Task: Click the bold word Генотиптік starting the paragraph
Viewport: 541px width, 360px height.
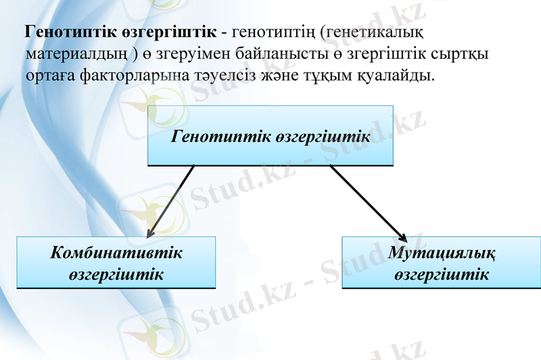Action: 66,32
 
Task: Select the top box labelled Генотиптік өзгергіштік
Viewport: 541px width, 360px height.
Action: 270,135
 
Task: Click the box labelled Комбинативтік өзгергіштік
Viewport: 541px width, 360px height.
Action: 116,263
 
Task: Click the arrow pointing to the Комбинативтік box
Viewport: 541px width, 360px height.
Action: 169,201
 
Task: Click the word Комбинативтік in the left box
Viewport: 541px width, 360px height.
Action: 116,253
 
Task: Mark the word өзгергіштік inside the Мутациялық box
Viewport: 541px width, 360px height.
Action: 442,274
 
